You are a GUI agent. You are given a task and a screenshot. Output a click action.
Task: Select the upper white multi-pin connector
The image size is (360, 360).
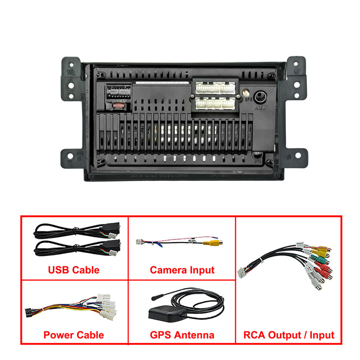point(215,88)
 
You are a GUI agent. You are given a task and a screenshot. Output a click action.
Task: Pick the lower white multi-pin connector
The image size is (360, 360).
point(215,103)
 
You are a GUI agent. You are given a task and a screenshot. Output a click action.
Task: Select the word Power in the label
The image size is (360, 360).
point(57,334)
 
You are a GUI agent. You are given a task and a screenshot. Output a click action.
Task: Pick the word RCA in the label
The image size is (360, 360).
point(254,334)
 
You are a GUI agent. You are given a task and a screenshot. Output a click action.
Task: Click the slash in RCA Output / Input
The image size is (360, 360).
point(306,334)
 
